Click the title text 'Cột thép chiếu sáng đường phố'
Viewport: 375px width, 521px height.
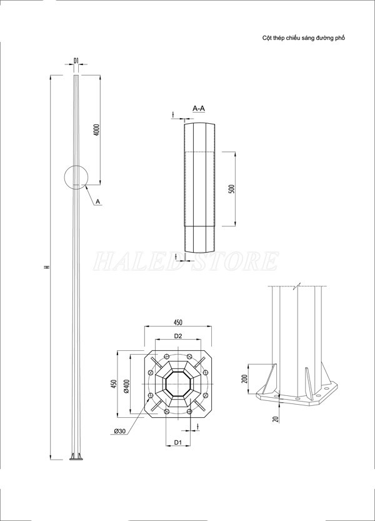click(x=304, y=38)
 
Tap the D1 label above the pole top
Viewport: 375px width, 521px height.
click(x=76, y=61)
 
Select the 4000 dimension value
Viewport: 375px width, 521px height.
click(x=96, y=130)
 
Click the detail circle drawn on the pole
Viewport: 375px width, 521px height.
click(x=76, y=176)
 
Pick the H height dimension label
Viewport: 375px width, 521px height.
click(x=46, y=268)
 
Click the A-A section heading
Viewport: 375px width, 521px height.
click(x=199, y=109)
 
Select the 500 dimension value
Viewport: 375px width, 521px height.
click(x=231, y=189)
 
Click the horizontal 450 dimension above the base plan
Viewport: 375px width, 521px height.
click(x=177, y=322)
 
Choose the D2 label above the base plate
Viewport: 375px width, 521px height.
click(x=177, y=336)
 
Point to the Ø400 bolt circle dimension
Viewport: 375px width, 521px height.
click(x=126, y=387)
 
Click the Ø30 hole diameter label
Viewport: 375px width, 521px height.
click(x=121, y=431)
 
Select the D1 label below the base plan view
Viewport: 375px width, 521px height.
click(x=177, y=442)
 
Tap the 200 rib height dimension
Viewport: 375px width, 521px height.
click(x=244, y=378)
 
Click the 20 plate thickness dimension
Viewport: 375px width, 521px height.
click(x=276, y=419)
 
